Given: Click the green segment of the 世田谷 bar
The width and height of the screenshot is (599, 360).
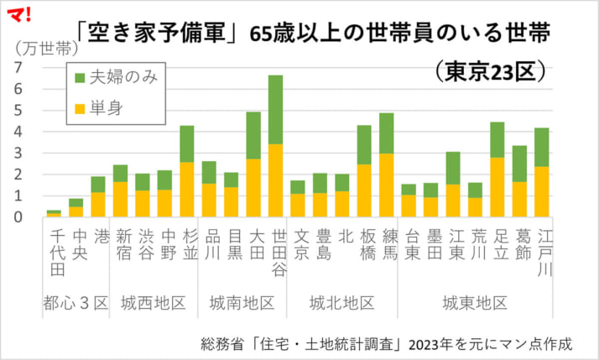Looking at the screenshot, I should tap(275, 109).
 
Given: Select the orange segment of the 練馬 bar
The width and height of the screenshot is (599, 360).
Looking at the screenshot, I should tap(386, 185).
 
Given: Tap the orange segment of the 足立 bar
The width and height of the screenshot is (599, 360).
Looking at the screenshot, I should tap(497, 186).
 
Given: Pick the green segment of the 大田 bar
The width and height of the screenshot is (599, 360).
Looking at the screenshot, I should tap(253, 135).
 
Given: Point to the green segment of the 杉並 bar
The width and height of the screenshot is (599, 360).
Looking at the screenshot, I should tap(187, 143).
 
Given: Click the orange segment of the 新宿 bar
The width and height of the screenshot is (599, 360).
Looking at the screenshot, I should tap(120, 199).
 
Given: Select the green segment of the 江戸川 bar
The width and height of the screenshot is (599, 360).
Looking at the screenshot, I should tap(541, 147).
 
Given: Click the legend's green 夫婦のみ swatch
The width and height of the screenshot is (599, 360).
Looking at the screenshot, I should tap(81, 77).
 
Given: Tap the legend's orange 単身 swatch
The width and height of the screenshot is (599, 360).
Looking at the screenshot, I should tap(81, 107).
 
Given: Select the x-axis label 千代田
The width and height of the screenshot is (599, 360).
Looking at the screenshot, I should tap(56, 250).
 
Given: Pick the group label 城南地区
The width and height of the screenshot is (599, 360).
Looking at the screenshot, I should tap(242, 302).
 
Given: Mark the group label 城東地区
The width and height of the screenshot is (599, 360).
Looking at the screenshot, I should tap(476, 302).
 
